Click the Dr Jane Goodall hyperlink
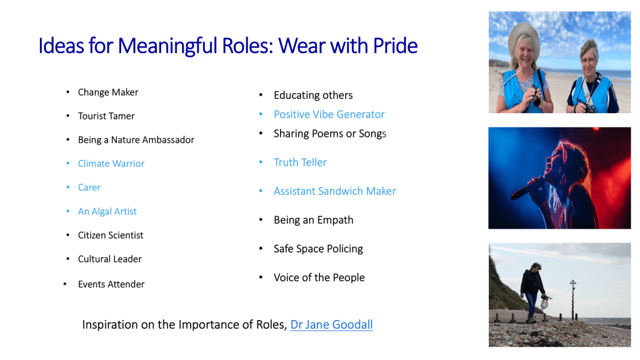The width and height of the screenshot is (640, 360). coord(331,324)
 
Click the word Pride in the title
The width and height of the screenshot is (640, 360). coord(395,45)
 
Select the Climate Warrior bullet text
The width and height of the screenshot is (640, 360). coord(111,164)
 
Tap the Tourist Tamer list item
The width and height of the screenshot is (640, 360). coord(106,116)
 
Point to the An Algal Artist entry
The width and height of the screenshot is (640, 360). coord(107,211)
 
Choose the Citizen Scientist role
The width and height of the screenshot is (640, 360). coord(111,235)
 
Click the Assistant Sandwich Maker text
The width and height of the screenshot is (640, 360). coord(335,191)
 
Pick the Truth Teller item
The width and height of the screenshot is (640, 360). coord(300,162)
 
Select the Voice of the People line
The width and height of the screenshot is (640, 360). coord(319,277)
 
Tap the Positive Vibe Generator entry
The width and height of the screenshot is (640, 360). coord(329,114)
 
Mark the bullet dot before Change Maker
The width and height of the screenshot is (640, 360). coord(67,92)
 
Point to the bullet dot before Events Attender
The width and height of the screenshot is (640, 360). coord(65,284)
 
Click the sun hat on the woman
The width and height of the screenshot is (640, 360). coord(524,37)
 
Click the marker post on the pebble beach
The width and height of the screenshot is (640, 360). coord(573,299)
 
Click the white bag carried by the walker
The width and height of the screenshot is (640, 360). coord(544,304)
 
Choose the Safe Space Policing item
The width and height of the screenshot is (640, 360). coord(318,249)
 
